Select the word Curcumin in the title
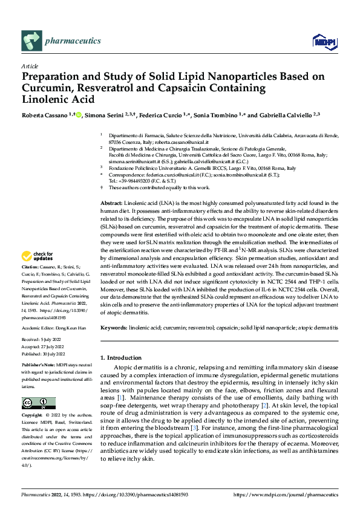[x=45, y=88]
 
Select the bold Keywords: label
[x=114, y=327]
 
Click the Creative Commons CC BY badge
[x=39, y=403]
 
